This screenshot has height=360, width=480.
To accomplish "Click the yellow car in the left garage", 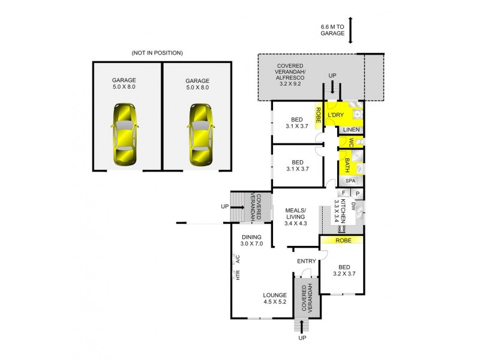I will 124,135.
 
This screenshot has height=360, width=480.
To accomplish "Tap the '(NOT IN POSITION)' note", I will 157,53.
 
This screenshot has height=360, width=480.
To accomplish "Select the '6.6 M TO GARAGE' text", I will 332,30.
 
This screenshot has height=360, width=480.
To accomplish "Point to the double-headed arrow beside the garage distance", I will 350,30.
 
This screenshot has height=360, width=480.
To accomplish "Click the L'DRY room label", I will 335,114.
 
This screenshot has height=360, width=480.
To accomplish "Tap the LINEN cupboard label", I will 351,130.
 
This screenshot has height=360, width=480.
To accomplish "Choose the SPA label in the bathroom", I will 350,180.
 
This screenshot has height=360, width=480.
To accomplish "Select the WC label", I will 346,142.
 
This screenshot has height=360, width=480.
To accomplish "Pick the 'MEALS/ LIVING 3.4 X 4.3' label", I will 295,217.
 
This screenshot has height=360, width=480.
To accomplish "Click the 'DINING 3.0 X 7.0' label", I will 251,241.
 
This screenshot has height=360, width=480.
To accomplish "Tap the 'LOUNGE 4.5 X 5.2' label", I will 275,298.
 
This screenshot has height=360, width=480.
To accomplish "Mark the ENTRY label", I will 307,261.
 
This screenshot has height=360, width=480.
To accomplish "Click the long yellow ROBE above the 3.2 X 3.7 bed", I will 341,240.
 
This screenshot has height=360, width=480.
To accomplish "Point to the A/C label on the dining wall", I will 238,259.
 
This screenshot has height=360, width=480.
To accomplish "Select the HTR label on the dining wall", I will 238,275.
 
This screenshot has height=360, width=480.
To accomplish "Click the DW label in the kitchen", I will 354,207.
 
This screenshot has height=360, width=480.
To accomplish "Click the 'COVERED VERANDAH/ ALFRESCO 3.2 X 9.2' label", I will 290,75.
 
